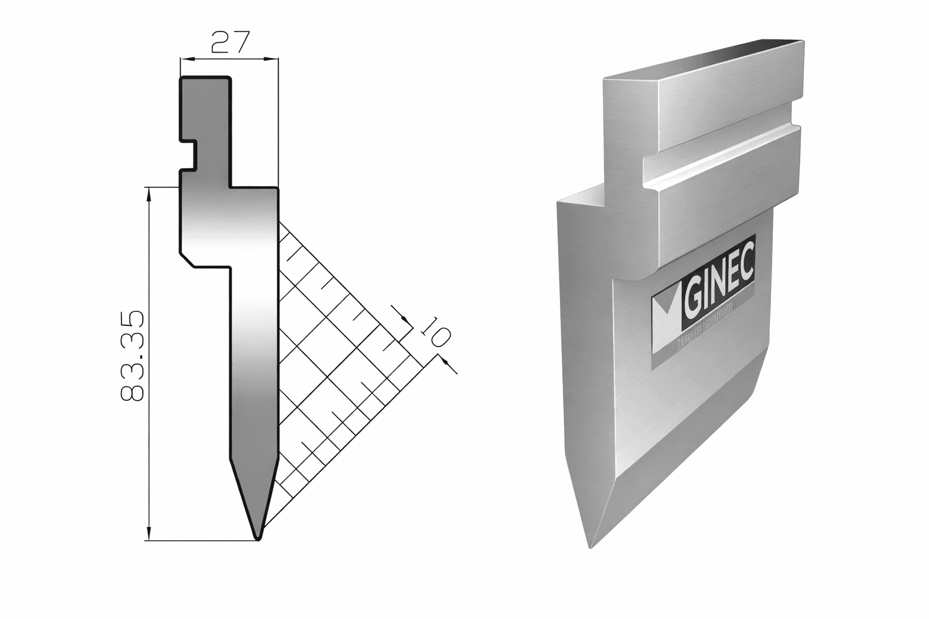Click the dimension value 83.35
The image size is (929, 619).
tap(132, 357)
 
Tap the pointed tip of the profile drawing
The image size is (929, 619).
tap(258, 537)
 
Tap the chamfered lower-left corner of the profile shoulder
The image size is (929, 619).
tap(187, 259)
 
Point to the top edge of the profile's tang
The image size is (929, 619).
tap(206, 77)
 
